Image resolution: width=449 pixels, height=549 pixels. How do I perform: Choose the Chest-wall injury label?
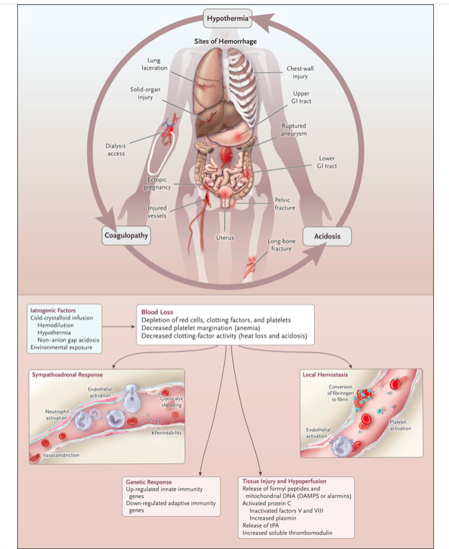(297, 72)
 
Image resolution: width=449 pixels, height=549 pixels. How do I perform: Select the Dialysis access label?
(116, 149)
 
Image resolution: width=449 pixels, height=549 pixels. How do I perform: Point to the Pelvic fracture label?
(285, 203)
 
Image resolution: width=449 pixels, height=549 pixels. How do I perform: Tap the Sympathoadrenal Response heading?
(68, 374)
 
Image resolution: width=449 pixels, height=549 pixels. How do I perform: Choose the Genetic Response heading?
(149, 481)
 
